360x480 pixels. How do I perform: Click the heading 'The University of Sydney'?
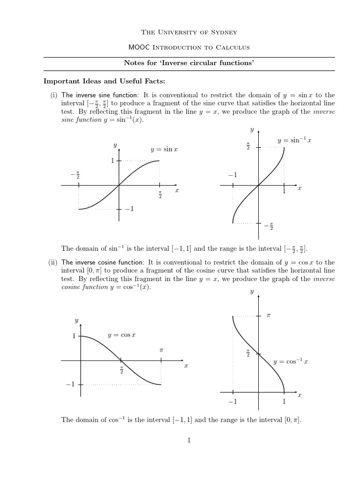[189, 32]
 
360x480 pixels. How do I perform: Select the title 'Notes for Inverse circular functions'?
[189, 63]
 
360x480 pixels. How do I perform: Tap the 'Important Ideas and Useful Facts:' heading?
[101, 81]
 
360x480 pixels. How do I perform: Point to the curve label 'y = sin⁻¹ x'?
[295, 140]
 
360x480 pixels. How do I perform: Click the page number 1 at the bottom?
[189, 440]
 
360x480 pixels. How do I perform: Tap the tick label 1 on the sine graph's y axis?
[112, 161]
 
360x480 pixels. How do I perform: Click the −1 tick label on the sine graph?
[129, 209]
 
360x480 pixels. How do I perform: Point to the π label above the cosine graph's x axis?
[161, 350]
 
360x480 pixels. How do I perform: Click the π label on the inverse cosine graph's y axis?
[269, 316]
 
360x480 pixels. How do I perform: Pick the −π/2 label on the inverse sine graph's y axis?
[269, 227]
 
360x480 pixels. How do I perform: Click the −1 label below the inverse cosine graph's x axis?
[232, 402]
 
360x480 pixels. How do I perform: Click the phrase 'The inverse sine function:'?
[100, 95]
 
